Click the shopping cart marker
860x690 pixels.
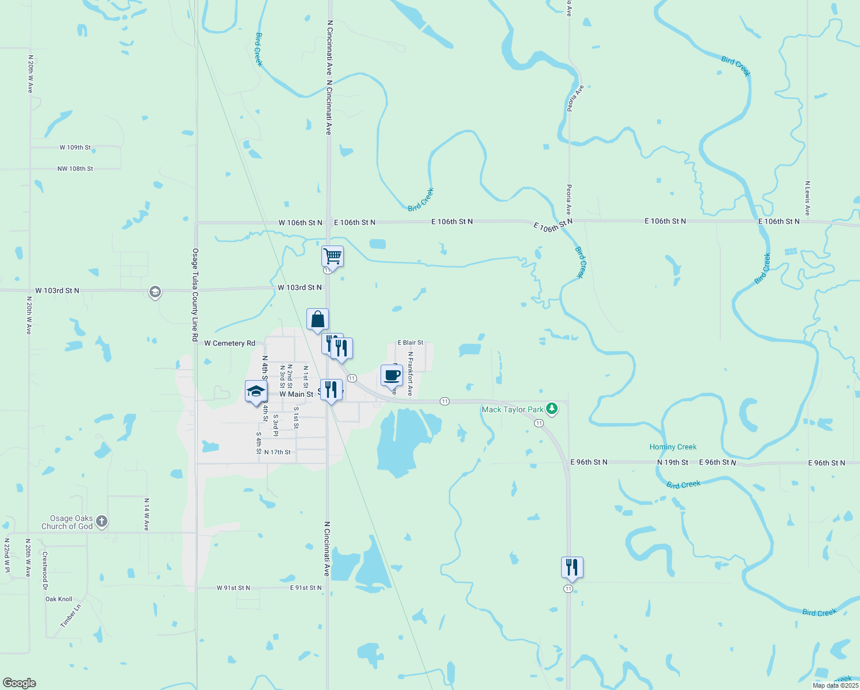(x=332, y=256)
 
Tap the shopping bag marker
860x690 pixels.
(x=317, y=320)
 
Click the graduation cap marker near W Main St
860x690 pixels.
(x=256, y=392)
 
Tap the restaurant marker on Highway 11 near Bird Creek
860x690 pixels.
(x=572, y=568)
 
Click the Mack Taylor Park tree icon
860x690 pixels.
(x=552, y=409)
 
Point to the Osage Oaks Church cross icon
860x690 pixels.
(x=102, y=522)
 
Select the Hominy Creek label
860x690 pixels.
(x=673, y=447)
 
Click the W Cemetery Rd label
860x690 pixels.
(x=229, y=343)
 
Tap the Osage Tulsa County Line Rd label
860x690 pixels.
(x=195, y=295)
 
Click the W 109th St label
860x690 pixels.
(x=75, y=148)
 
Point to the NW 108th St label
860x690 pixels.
(x=75, y=169)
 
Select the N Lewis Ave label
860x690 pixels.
(x=807, y=198)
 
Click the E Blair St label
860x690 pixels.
(x=410, y=343)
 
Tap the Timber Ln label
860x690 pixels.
(x=71, y=616)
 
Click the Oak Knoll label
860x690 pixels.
(x=59, y=599)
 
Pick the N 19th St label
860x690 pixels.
(x=673, y=462)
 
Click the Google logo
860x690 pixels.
(x=19, y=683)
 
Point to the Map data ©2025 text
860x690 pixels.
(x=835, y=685)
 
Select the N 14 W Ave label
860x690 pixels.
(x=147, y=514)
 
